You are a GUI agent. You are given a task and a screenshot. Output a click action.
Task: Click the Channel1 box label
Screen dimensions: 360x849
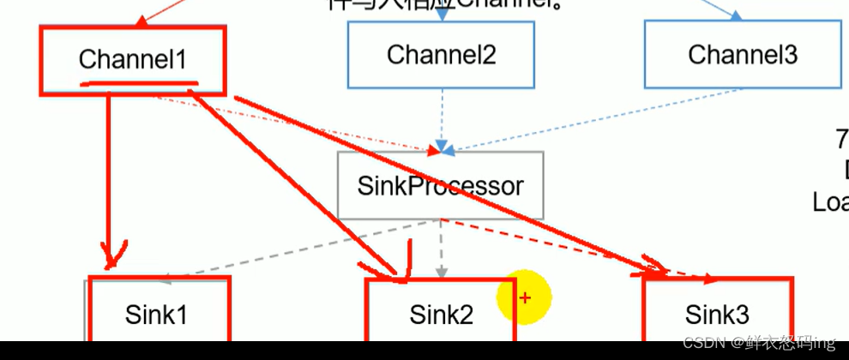(132, 59)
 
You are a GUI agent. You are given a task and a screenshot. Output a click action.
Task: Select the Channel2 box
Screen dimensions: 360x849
(441, 55)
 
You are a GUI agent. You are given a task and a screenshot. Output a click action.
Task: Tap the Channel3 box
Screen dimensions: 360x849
(743, 55)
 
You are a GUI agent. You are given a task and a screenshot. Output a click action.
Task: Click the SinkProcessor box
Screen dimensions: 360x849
(440, 185)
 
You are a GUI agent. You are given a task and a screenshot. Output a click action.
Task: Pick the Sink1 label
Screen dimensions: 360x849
(156, 315)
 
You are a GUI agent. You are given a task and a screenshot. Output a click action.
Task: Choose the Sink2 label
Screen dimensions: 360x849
(441, 315)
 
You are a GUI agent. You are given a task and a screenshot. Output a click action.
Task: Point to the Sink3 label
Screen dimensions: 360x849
(717, 315)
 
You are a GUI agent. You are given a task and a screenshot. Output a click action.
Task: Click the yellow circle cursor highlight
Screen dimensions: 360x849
(523, 297)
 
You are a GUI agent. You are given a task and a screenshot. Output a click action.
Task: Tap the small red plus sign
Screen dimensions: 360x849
(526, 297)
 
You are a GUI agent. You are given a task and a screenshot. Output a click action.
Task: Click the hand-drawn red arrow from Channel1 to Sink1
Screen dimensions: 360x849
(109, 180)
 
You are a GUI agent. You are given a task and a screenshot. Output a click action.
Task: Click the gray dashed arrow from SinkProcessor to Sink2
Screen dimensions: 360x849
(441, 249)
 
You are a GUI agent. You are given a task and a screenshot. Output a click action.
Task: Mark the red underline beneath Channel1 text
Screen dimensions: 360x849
(137, 85)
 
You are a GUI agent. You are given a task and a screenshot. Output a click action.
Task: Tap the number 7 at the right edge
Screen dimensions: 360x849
(841, 137)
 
